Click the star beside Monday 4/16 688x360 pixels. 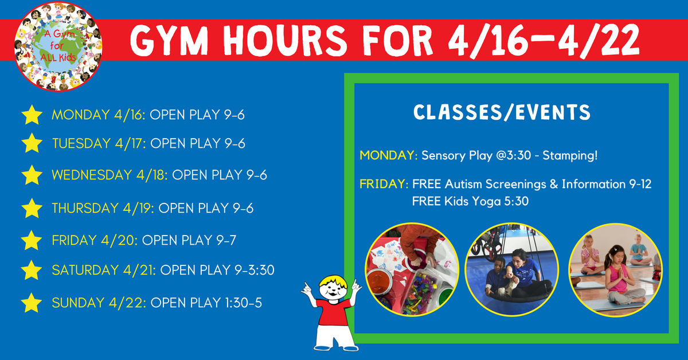click(32, 115)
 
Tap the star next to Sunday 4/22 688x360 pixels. click(32, 303)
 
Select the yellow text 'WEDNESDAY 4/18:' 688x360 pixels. click(110, 175)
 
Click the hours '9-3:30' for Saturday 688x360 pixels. click(255, 270)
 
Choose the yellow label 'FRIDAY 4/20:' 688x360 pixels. click(95, 240)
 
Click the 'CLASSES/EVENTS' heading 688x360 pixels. click(502, 112)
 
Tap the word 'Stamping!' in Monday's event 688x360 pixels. click(570, 155)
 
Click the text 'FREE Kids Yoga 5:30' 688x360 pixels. click(470, 201)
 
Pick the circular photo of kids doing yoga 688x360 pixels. click(615, 270)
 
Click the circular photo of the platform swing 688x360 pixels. click(511, 269)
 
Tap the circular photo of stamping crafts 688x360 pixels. click(412, 269)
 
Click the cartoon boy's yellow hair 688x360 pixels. click(333, 281)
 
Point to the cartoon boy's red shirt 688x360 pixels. click(333, 311)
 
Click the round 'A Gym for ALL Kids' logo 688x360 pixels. click(58, 46)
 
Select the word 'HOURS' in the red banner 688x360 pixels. click(285, 40)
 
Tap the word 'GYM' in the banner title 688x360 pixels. click(170, 40)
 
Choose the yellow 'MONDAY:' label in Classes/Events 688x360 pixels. click(389, 155)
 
